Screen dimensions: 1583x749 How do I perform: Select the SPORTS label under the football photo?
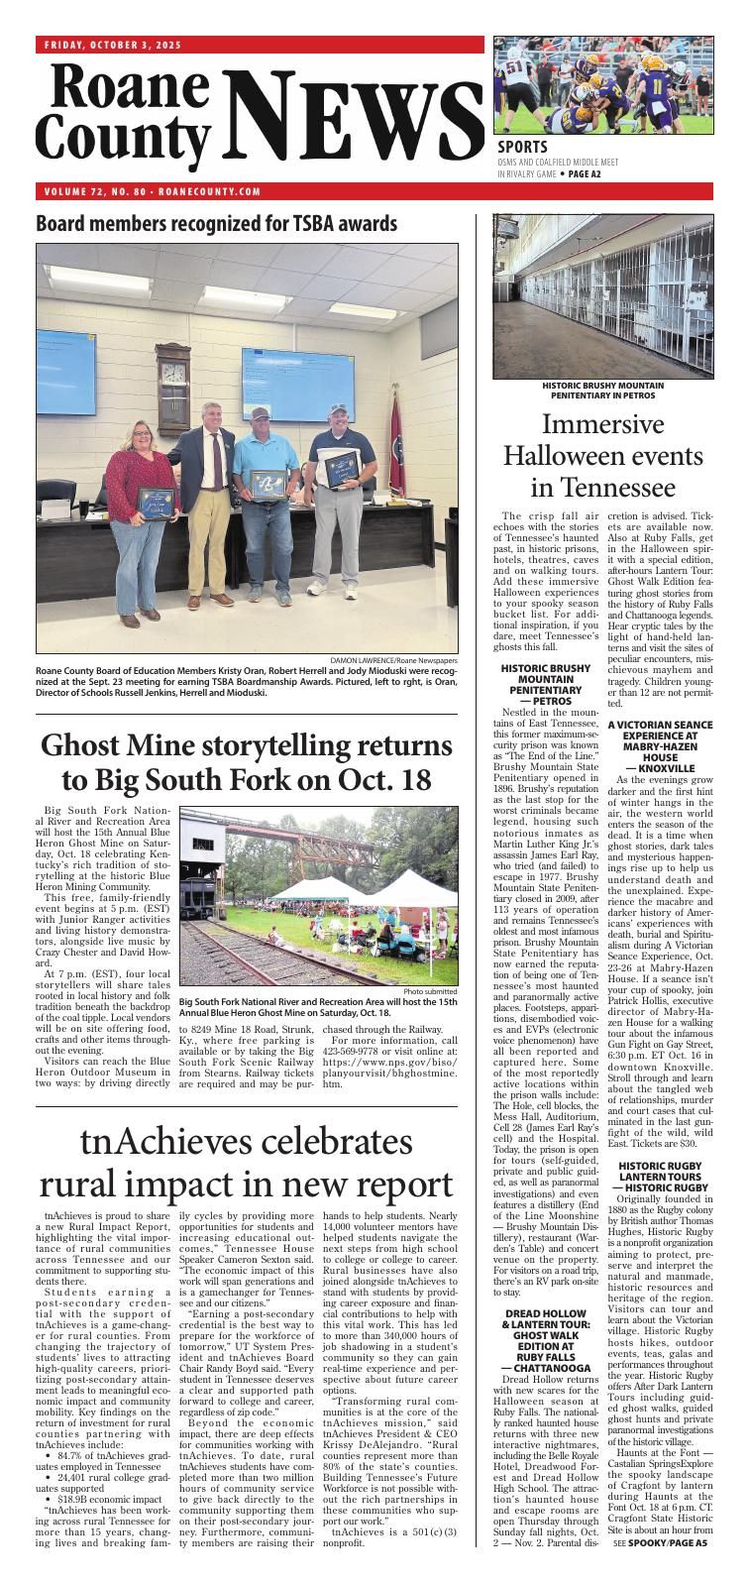tap(523, 149)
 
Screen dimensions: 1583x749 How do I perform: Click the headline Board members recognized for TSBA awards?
tap(216, 223)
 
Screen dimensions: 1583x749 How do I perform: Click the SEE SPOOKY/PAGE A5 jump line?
tap(660, 1571)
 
